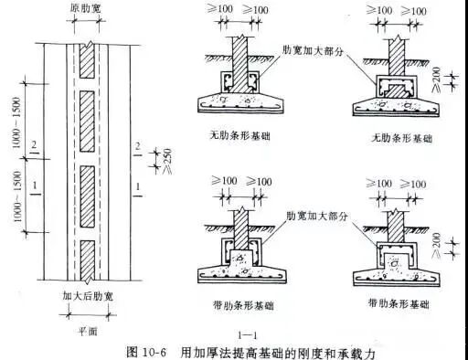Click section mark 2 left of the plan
point(34,145)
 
